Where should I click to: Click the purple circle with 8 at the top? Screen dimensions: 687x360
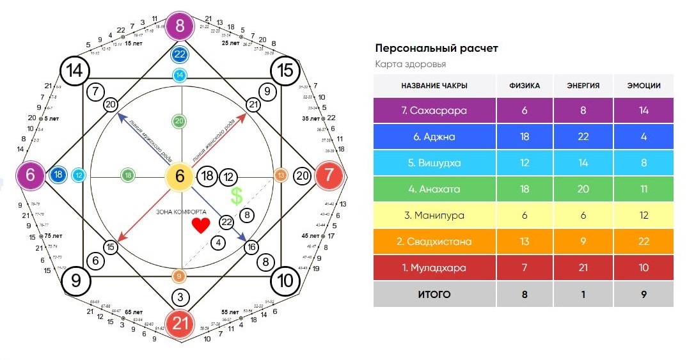tap(180, 26)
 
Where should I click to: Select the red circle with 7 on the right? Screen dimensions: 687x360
tap(329, 175)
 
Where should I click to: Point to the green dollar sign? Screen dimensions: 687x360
tap(237, 196)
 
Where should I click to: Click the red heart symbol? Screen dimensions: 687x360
tap(201, 226)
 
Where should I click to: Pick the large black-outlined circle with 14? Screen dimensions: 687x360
tap(75, 70)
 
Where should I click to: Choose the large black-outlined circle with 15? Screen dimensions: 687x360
tap(285, 70)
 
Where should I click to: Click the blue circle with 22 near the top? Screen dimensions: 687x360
tap(180, 55)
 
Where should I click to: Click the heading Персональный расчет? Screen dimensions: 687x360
tap(436, 49)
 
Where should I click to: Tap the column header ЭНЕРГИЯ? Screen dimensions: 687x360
tap(581, 86)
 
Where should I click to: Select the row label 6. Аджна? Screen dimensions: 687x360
tap(434, 136)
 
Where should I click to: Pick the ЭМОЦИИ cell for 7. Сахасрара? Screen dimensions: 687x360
tap(643, 110)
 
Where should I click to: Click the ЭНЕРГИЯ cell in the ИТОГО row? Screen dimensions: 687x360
tap(581, 294)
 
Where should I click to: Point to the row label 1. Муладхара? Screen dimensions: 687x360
tap(434, 268)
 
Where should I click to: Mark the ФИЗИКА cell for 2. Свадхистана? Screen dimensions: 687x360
tap(525, 242)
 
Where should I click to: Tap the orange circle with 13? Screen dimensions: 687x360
tap(280, 175)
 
